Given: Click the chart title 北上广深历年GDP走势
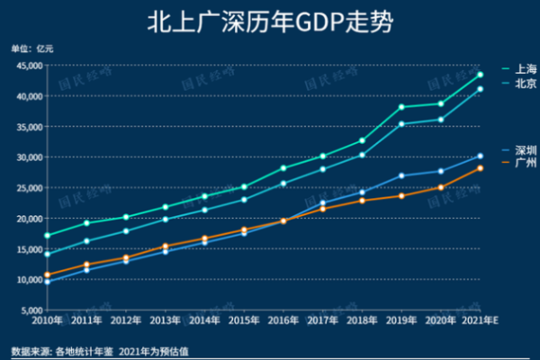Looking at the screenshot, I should [x=269, y=22].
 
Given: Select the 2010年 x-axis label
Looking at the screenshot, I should [x=47, y=320].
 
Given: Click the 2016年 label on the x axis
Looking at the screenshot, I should [x=283, y=320].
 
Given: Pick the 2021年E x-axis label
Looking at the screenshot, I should [x=479, y=320].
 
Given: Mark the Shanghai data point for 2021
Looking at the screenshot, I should [x=481, y=75].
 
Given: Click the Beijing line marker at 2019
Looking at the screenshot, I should [x=401, y=124].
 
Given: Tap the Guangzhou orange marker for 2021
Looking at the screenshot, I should [x=481, y=168].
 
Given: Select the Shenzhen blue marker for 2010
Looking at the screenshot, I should [x=47, y=282].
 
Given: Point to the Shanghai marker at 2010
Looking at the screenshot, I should [x=47, y=235].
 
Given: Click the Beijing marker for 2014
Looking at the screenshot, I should [x=204, y=210].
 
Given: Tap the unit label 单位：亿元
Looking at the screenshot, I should [x=32, y=48].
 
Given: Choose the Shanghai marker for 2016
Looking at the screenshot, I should [x=283, y=168].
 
